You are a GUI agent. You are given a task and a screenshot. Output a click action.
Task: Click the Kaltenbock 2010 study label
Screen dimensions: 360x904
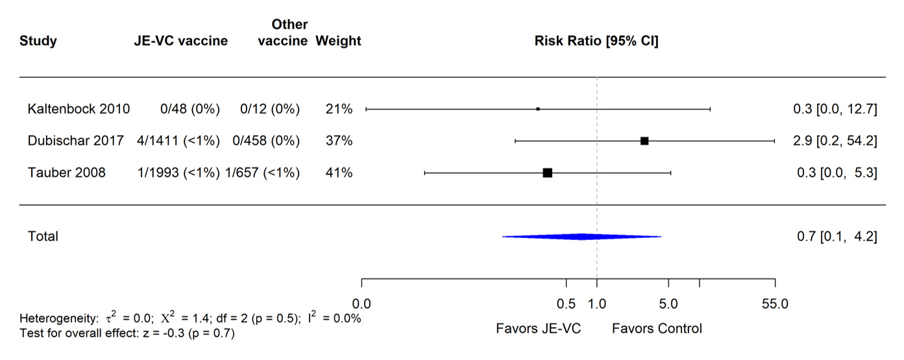(x=79, y=109)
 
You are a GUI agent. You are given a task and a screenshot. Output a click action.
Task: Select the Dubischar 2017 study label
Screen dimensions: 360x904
(x=75, y=141)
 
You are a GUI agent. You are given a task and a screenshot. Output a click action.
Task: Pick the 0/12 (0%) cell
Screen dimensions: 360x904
(x=270, y=109)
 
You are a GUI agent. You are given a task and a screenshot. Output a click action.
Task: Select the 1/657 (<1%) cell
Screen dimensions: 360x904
(x=262, y=173)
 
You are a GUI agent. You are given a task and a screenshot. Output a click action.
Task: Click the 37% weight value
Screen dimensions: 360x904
(x=339, y=141)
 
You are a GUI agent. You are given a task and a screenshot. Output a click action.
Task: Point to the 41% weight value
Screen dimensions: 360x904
(x=339, y=173)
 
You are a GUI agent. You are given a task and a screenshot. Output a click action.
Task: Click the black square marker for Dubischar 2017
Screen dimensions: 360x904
(x=644, y=141)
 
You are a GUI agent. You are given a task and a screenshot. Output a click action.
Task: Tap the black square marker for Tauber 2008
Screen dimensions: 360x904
(x=548, y=173)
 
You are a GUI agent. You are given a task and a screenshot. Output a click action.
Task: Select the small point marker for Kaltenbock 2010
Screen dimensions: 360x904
(x=538, y=109)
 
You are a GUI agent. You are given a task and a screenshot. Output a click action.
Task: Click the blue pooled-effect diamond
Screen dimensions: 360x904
(x=581, y=237)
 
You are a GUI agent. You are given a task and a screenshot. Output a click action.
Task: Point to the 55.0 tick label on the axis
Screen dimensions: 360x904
(x=774, y=304)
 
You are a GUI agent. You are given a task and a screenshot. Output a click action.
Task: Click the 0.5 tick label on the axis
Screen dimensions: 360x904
(x=567, y=304)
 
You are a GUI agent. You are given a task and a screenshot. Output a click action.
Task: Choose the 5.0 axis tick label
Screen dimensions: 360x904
(x=668, y=304)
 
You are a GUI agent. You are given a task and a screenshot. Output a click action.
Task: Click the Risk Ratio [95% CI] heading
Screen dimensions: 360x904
(x=596, y=42)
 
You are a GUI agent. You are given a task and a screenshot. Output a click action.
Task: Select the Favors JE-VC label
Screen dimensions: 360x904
(x=539, y=328)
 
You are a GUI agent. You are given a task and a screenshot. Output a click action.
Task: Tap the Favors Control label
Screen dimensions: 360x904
(x=657, y=328)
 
